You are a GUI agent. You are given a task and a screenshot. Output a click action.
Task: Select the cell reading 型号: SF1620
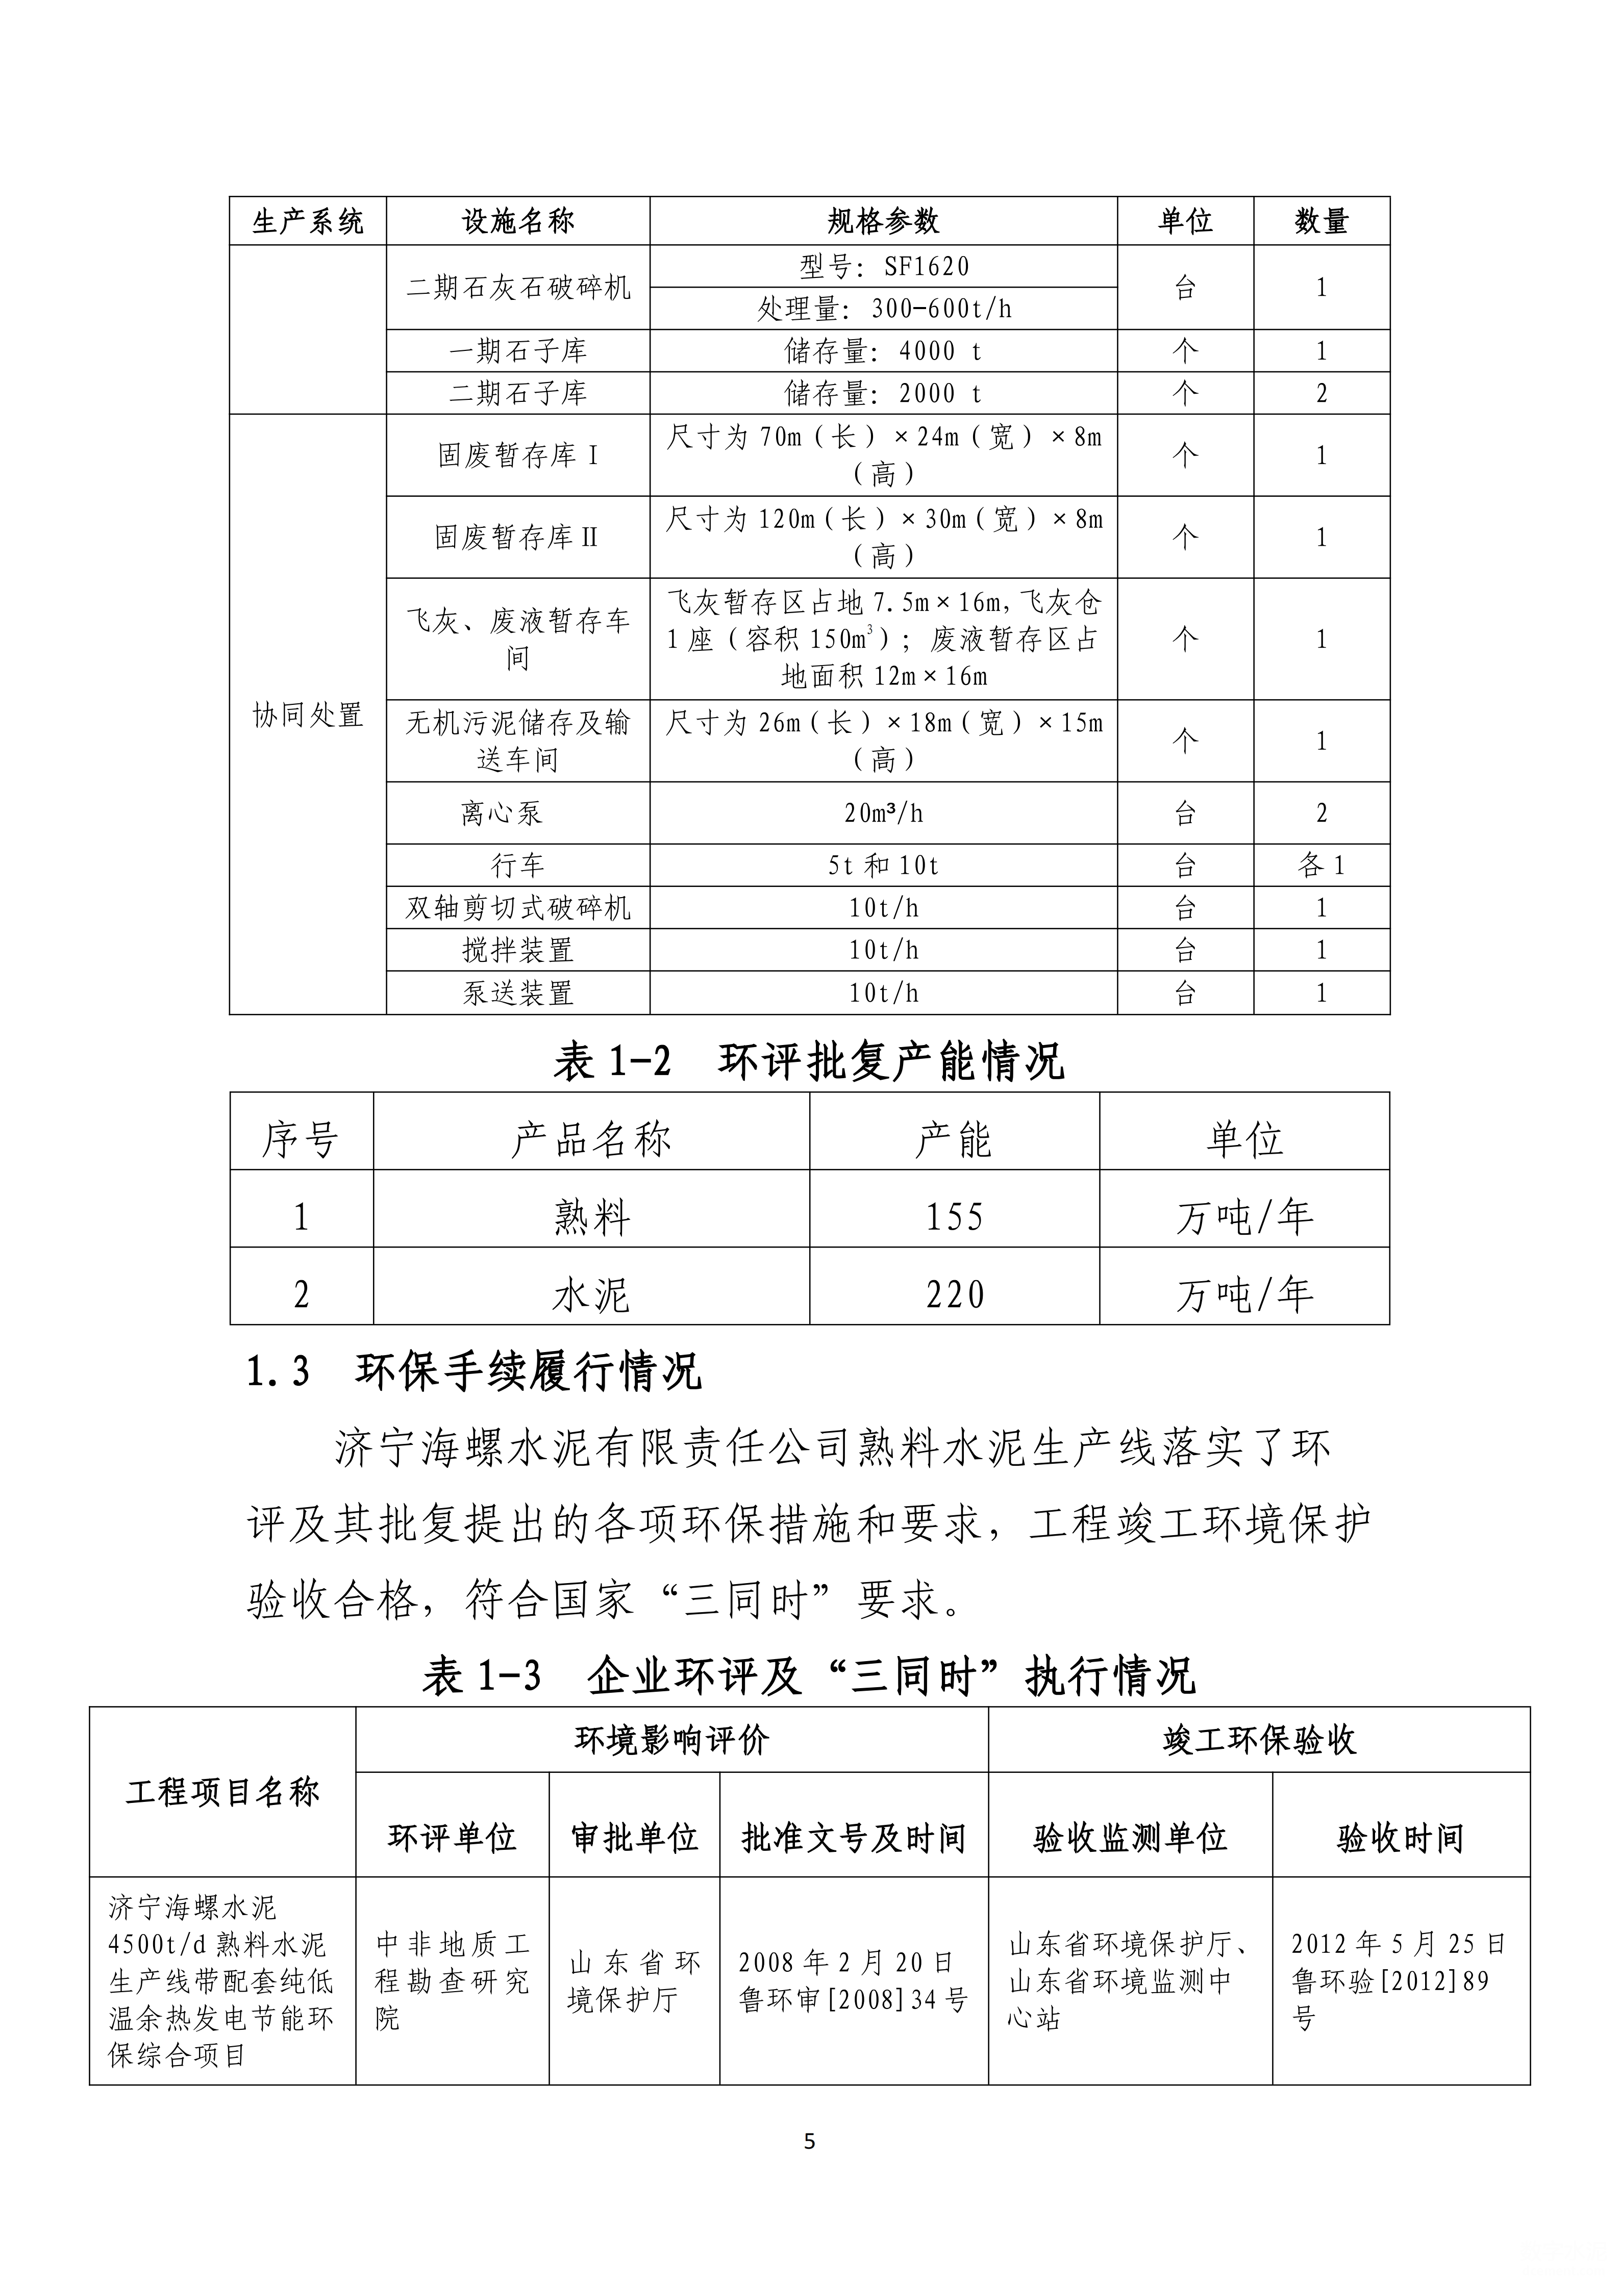[x=883, y=266]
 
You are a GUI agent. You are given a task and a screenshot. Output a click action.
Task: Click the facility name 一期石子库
[x=518, y=351]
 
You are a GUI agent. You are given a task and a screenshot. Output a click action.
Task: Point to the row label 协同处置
[x=307, y=715]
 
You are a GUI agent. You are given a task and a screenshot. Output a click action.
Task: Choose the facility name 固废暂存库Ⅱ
[x=518, y=538]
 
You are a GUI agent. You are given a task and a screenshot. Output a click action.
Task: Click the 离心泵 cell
[x=502, y=813]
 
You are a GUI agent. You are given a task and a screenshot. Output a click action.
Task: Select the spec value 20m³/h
[x=883, y=813]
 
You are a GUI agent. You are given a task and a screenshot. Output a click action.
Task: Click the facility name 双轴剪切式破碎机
[x=518, y=908]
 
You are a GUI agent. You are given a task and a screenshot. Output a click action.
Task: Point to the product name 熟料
[x=591, y=1217]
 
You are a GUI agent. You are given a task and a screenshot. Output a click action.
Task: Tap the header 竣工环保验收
[x=1259, y=1740]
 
